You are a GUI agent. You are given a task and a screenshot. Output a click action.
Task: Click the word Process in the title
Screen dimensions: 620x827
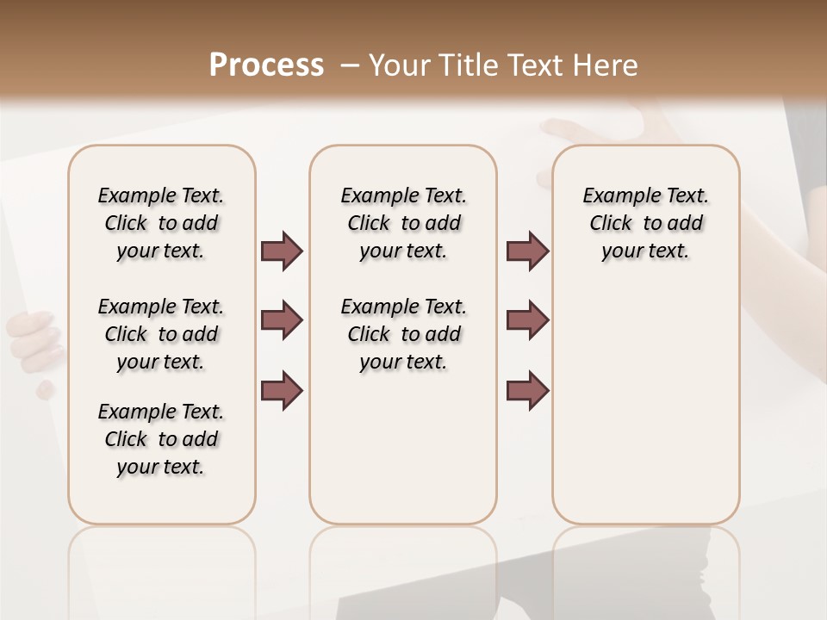coord(266,65)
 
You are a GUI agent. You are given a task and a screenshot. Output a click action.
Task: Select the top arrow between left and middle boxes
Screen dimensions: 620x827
coord(282,251)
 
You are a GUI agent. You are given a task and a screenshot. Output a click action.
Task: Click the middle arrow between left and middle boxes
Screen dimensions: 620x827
coord(282,321)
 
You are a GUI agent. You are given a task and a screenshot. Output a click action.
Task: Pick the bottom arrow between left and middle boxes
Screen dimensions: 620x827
coord(282,390)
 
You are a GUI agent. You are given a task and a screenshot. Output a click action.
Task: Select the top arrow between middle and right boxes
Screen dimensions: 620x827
coord(527,251)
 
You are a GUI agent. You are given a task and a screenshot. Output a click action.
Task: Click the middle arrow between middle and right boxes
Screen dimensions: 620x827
coord(527,321)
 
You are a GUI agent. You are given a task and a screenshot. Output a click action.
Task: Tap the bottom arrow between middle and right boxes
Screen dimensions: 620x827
coord(527,390)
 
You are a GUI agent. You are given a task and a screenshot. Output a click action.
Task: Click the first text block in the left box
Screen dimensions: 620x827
coord(161,223)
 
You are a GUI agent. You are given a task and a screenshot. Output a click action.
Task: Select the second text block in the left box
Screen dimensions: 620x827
coord(161,334)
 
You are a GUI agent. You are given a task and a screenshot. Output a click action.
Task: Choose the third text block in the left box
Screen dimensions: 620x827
coord(161,439)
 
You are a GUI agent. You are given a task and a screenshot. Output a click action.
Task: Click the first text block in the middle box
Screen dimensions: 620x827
coord(403,223)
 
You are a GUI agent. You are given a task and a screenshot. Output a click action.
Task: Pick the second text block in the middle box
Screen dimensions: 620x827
coord(403,334)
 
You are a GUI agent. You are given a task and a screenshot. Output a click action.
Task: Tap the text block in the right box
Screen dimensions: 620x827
coord(645,223)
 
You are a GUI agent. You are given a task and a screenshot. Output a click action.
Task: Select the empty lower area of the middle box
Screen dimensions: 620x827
coord(403,448)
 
